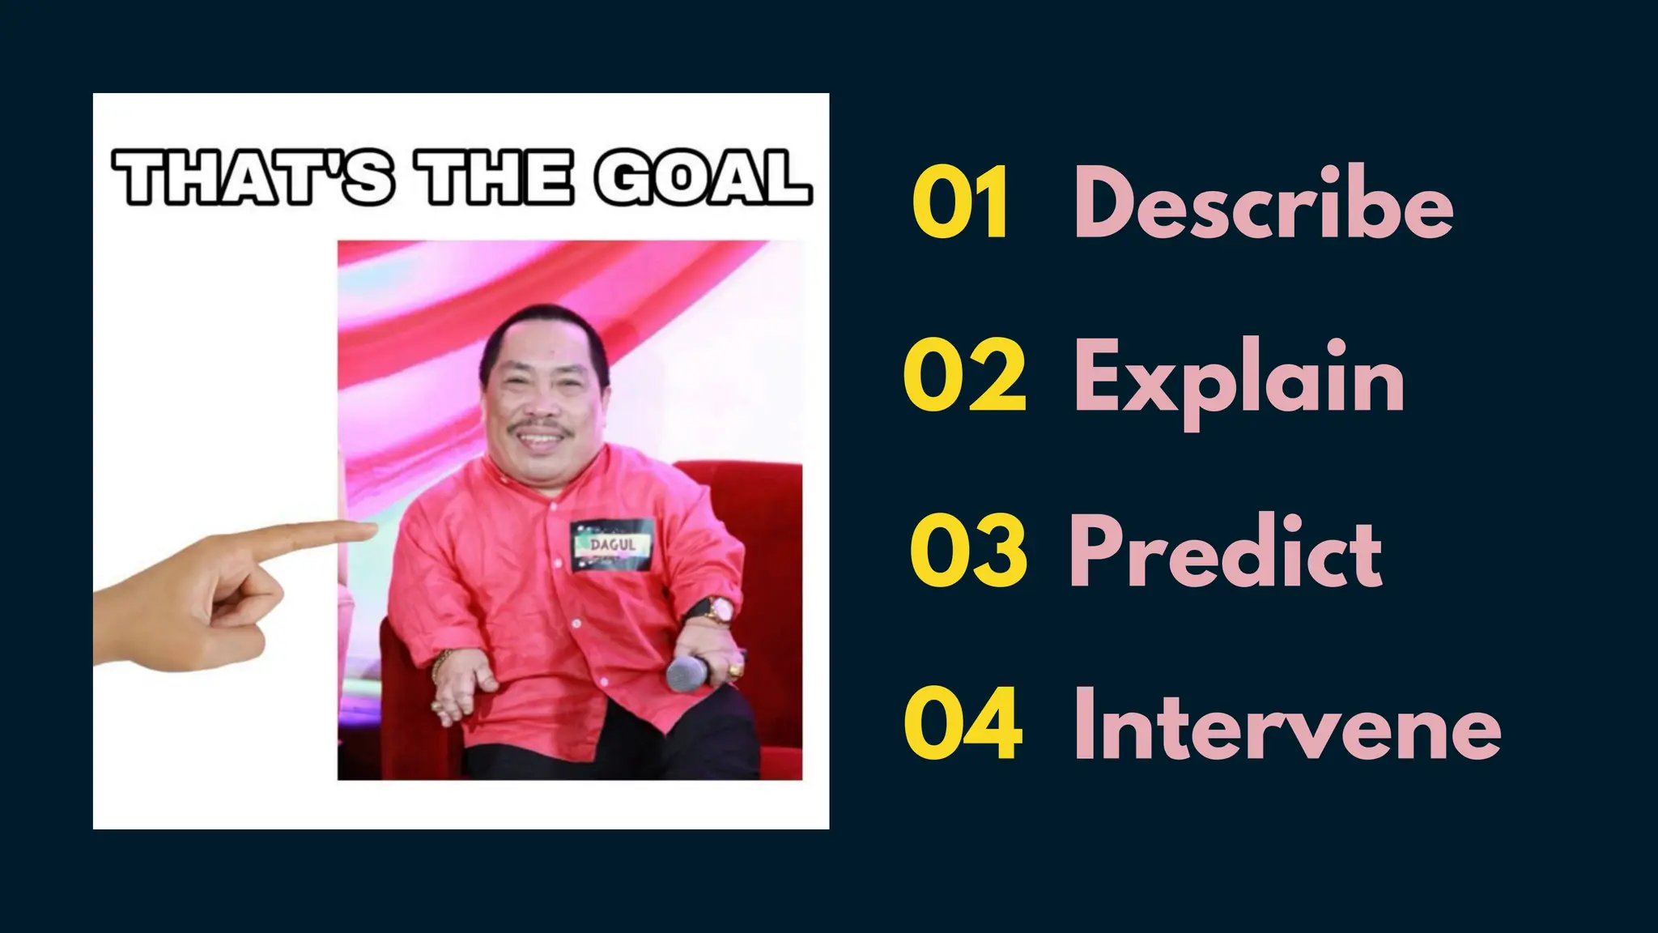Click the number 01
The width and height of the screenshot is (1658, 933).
(961, 202)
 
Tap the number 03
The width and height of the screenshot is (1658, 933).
(968, 551)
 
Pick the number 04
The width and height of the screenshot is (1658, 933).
(963, 723)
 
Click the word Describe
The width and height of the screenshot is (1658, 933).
(1263, 202)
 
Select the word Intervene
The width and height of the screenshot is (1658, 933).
(1287, 723)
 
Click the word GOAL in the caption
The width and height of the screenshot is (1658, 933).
(702, 178)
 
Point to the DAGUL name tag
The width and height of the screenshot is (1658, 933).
(612, 546)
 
